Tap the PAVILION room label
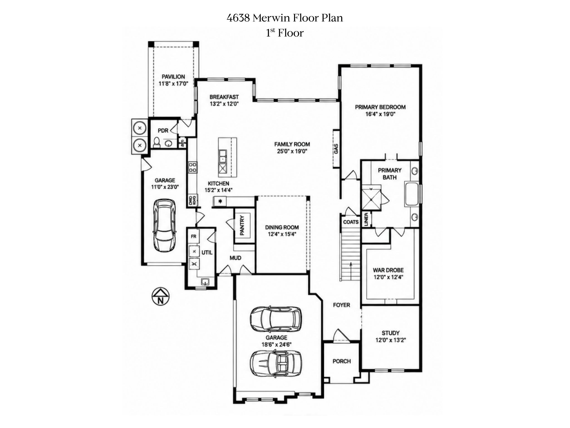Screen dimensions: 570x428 pyautogui.click(x=173, y=77)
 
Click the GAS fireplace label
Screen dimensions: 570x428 pyautogui.click(x=336, y=149)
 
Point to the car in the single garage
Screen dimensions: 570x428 pyautogui.click(x=164, y=225)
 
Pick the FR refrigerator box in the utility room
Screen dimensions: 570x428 pyautogui.click(x=193, y=237)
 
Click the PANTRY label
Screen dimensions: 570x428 pyautogui.click(x=242, y=225)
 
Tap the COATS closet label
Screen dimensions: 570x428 pyautogui.click(x=351, y=222)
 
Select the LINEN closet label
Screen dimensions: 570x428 pyautogui.click(x=366, y=219)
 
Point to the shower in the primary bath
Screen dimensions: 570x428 pyautogui.click(x=370, y=198)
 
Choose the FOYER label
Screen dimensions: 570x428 pyautogui.click(x=341, y=305)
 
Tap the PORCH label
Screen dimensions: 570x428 pyautogui.click(x=341, y=361)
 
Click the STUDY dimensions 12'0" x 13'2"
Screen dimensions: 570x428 pyautogui.click(x=390, y=340)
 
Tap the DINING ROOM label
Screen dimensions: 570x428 pyautogui.click(x=282, y=227)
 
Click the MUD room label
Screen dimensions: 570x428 pyautogui.click(x=235, y=258)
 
